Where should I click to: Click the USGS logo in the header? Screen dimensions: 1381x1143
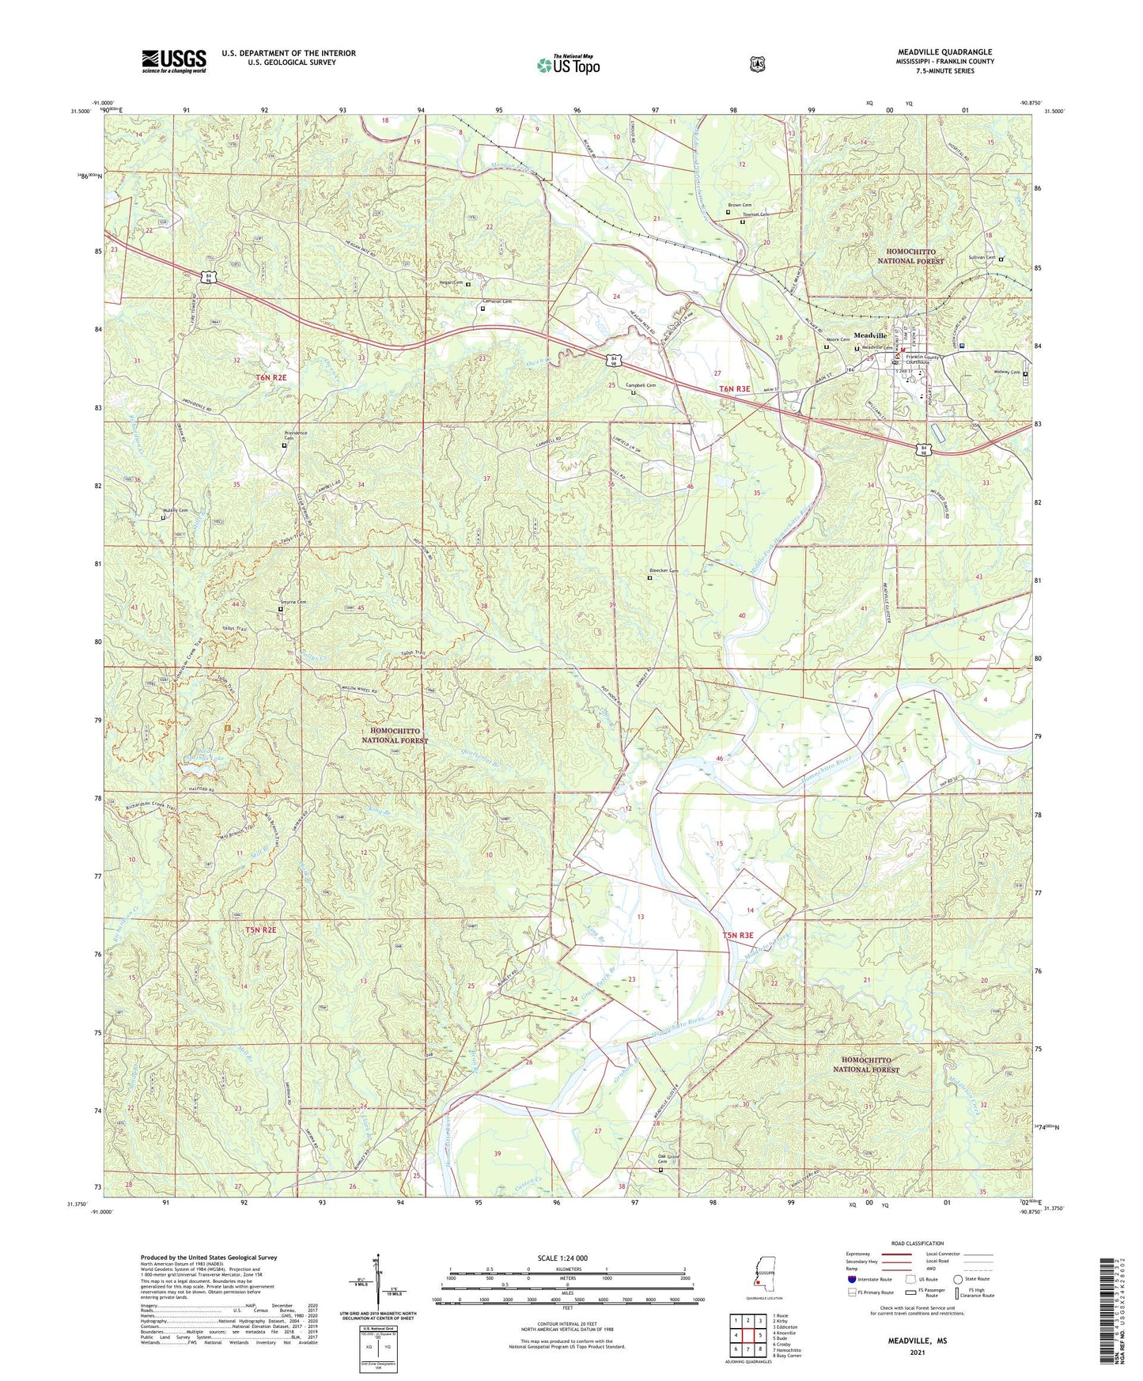pos(174,60)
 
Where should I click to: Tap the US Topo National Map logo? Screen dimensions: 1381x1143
pos(567,64)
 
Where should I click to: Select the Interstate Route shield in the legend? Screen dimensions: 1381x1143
pos(851,1279)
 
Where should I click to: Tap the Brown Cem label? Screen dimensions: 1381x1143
pos(740,205)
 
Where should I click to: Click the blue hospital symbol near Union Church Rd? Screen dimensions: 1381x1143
pos(962,344)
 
